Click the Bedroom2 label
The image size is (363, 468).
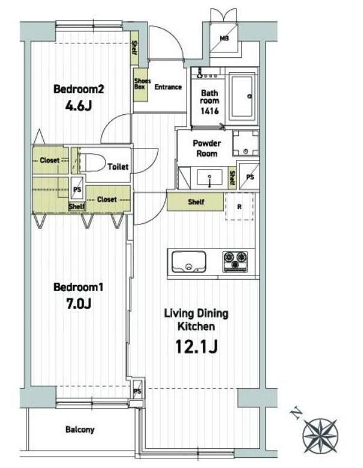79,89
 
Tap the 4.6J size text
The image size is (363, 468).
79,106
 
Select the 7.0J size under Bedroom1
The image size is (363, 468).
79,304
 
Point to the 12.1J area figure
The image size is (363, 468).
196,346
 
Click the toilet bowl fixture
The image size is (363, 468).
92,162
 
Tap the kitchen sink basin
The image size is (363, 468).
189,262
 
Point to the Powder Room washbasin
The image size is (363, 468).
209,178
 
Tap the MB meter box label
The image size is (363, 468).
224,38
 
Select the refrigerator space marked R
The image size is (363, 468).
240,206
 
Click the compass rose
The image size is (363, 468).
320,436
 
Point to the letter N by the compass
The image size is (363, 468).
296,414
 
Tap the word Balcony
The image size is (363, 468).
80,430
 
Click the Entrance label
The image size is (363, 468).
168,87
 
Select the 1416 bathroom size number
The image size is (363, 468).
209,111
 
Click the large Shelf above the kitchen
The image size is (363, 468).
195,202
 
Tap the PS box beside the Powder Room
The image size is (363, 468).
249,176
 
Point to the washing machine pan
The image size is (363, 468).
246,143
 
